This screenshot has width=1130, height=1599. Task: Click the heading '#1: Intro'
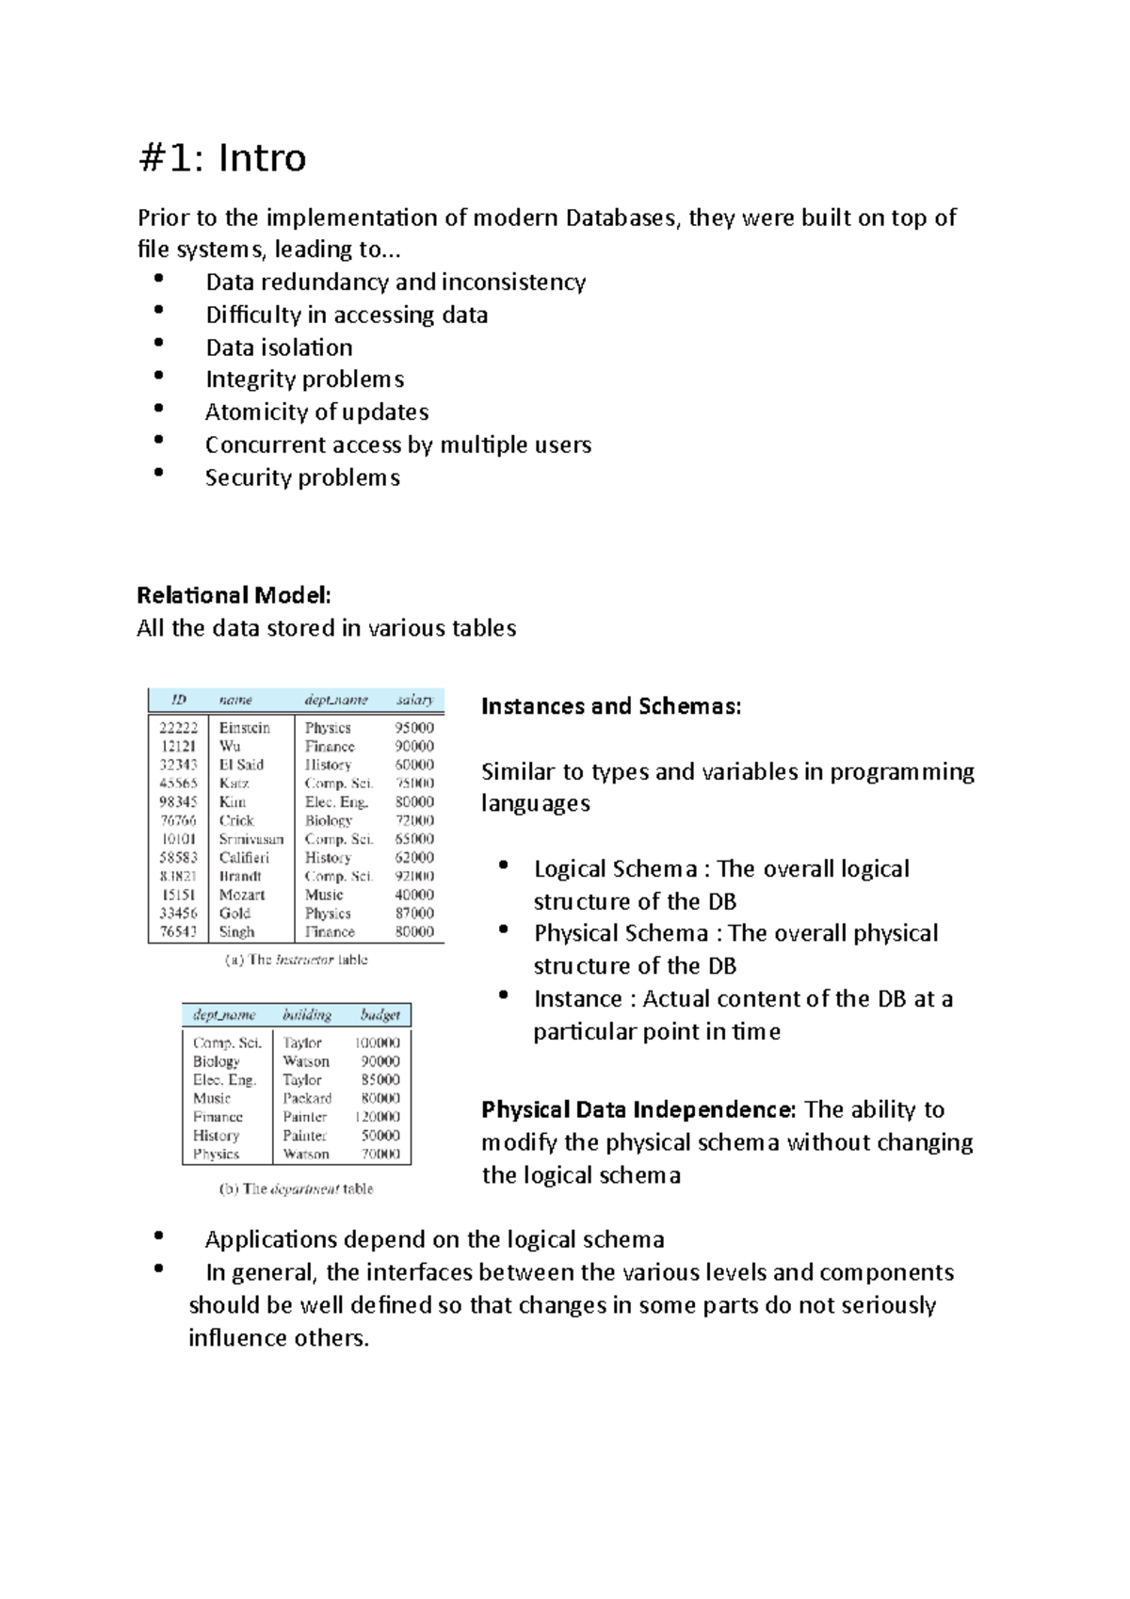tap(222, 157)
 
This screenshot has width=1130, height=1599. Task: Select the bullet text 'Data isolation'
tap(279, 347)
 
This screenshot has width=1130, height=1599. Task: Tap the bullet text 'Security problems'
tap(302, 477)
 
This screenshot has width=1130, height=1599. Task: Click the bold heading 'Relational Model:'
tap(234, 595)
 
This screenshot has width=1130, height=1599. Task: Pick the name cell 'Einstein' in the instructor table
tap(244, 728)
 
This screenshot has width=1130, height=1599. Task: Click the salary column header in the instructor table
tap(414, 700)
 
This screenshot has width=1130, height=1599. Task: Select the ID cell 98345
tap(178, 801)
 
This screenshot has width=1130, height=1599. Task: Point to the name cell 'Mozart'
tap(242, 895)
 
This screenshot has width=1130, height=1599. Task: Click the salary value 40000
tap(414, 895)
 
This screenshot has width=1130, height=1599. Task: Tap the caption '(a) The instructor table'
tap(296, 960)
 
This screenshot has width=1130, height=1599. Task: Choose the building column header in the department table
tap(306, 1015)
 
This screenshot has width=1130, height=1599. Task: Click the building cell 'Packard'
tap(307, 1098)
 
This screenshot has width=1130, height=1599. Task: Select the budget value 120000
tap(377, 1117)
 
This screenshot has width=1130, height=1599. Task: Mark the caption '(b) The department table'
tap(296, 1189)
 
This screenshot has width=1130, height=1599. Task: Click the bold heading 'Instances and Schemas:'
tap(611, 706)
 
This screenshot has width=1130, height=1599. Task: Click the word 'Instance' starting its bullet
tap(577, 999)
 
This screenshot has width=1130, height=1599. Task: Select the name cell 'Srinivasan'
tap(250, 839)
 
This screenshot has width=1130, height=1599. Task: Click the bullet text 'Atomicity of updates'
tap(316, 412)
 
